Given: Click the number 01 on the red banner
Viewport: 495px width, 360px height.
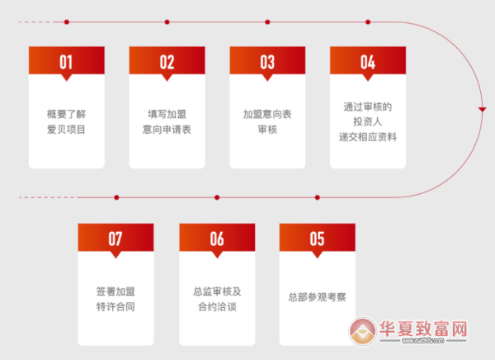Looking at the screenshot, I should tap(66, 62).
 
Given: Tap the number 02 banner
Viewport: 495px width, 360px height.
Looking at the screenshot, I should tap(167, 62).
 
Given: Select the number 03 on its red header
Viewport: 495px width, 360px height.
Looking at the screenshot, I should tap(267, 62).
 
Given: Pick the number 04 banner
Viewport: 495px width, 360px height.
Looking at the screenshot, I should tap(368, 62).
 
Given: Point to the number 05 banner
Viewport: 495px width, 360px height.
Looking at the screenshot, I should tap(318, 239).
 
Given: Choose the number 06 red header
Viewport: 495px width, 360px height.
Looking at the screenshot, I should tap(217, 239).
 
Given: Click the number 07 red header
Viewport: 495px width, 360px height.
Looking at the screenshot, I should tap(115, 239).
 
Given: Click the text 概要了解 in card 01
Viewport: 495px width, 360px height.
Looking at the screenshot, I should tap(66, 115).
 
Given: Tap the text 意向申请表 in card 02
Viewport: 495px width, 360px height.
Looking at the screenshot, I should tap(167, 130).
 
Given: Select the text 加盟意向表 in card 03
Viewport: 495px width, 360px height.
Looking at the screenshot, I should tap(267, 115).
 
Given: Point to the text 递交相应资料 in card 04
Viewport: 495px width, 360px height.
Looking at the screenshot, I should tap(368, 137).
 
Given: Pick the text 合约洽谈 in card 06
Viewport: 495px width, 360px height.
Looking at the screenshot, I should tap(217, 306).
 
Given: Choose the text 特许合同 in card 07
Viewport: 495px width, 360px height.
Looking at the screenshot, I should tap(115, 306).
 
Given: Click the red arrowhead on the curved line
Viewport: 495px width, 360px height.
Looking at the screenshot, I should tap(482, 109).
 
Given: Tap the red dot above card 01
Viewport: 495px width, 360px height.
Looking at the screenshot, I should tap(66, 21).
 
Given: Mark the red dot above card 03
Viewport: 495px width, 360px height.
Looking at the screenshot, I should tap(267, 21).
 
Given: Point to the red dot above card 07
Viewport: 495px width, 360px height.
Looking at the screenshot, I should tap(116, 197).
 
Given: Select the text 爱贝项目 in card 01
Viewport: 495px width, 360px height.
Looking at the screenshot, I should tap(66, 130).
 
